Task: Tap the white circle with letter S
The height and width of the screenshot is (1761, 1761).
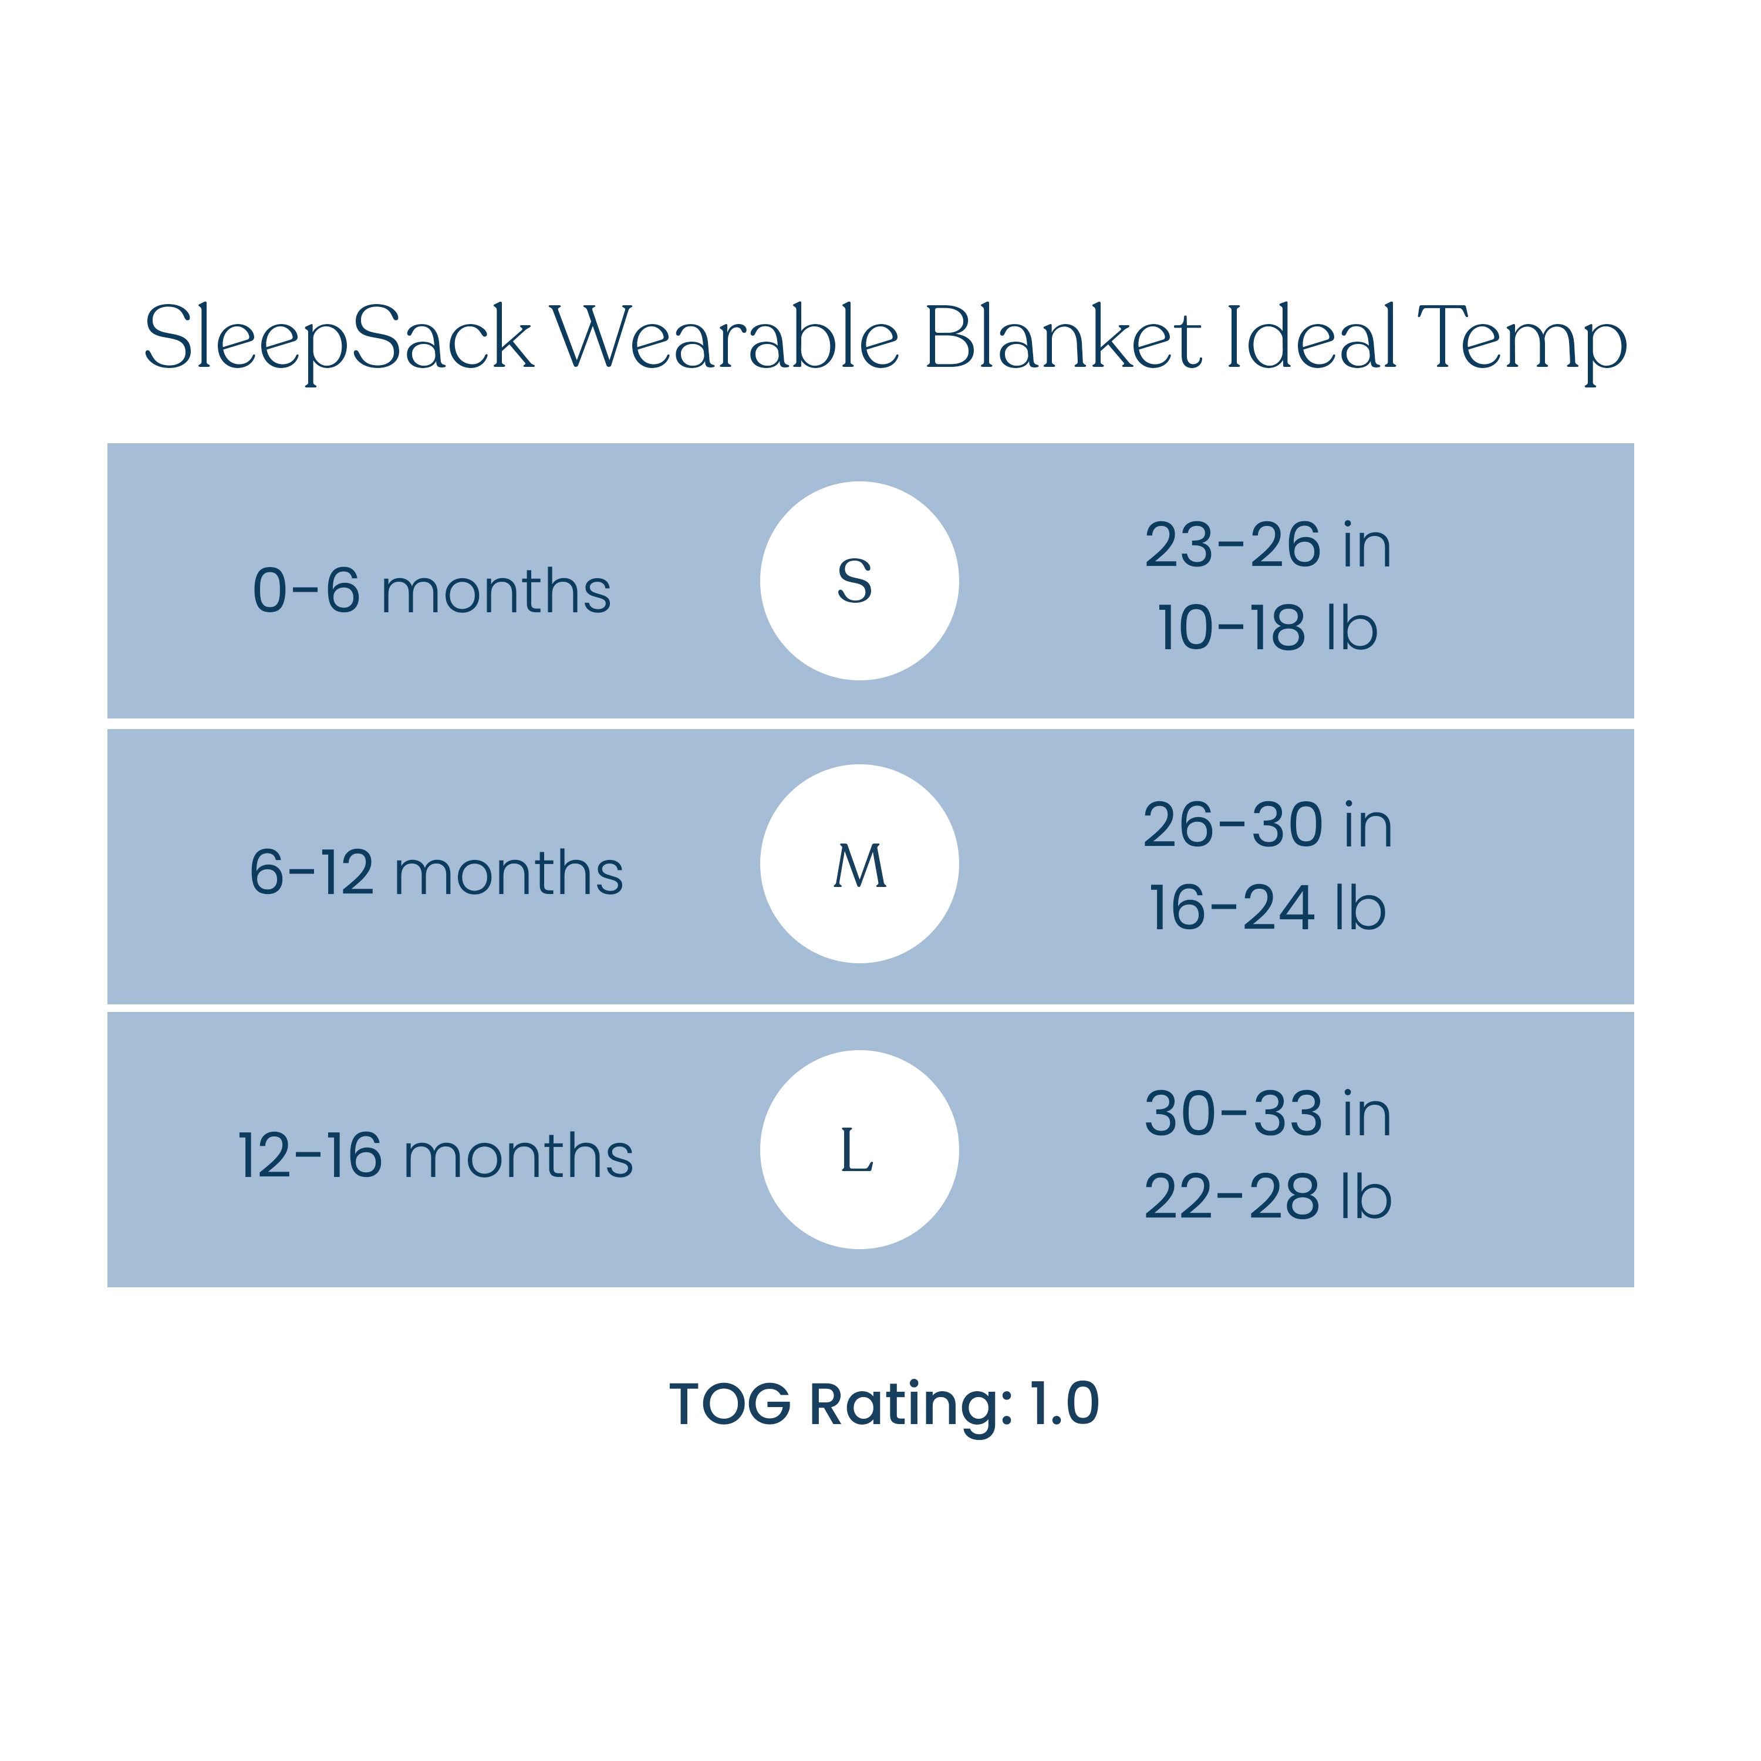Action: pyautogui.click(x=859, y=581)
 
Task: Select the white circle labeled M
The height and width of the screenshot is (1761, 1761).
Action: pyautogui.click(x=859, y=863)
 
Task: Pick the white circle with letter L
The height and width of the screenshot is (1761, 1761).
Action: pyautogui.click(x=859, y=1149)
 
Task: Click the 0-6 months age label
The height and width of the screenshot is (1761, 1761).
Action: pyautogui.click(x=431, y=590)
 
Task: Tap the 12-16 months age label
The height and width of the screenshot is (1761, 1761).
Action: pyautogui.click(x=436, y=1155)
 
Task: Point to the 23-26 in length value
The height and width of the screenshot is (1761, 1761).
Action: pyautogui.click(x=1268, y=545)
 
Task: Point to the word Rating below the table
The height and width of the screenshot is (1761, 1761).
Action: pyautogui.click(x=910, y=1408)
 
